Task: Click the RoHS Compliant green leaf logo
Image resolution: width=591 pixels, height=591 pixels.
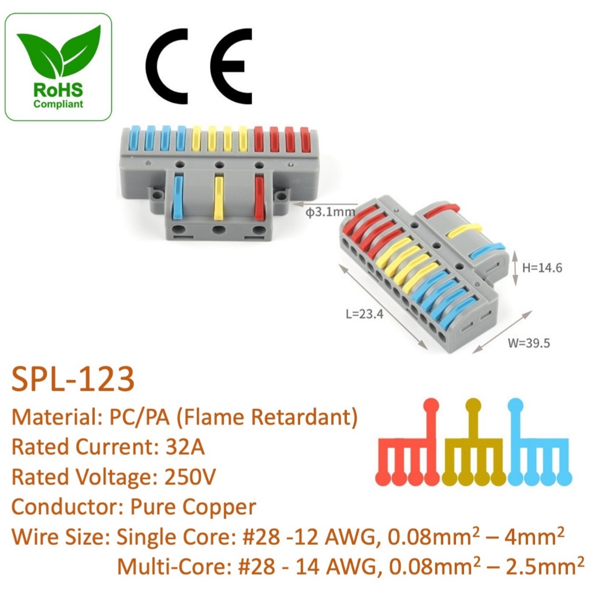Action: [x=58, y=67]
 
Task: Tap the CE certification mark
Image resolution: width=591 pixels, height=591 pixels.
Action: [x=199, y=66]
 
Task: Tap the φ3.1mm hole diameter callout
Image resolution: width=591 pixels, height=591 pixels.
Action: [x=330, y=212]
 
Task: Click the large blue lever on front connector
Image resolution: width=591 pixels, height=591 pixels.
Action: [x=178, y=196]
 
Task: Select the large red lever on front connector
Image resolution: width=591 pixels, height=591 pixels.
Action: [x=259, y=196]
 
